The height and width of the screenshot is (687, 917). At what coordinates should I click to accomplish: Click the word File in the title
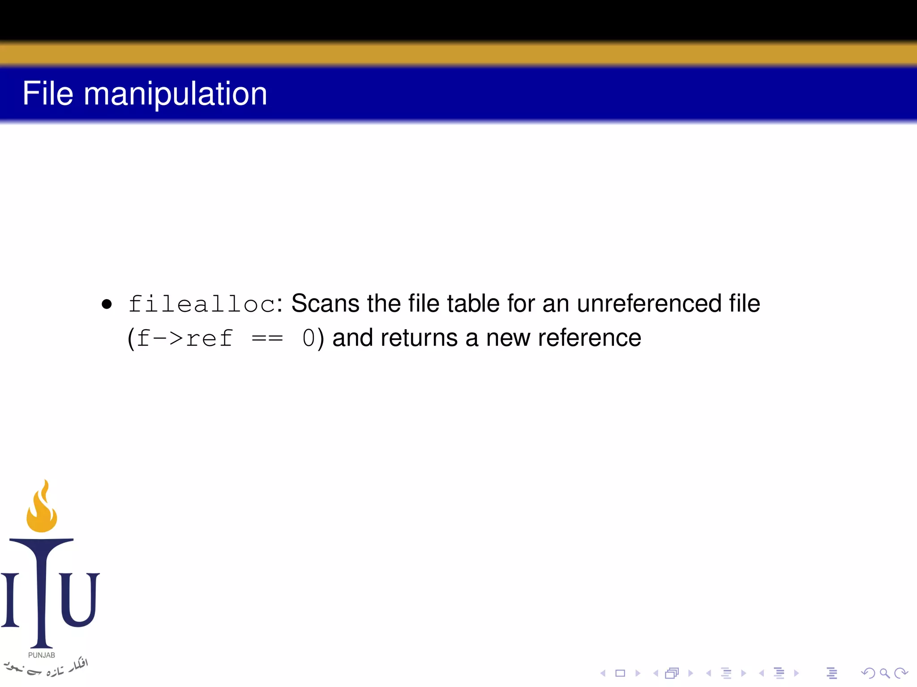(47, 93)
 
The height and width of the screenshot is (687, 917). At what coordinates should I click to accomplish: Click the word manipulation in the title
(176, 95)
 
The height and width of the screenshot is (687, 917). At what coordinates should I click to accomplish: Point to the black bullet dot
(107, 305)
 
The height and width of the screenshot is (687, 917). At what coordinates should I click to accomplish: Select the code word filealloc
(201, 304)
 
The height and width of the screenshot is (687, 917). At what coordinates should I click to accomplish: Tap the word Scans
(325, 304)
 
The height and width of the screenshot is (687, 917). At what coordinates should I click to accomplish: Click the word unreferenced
(649, 304)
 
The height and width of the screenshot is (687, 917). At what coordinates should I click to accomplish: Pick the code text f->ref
(184, 338)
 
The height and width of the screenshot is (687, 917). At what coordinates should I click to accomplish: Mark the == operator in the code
(267, 339)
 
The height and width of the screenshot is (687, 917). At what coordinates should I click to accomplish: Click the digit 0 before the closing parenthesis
(309, 338)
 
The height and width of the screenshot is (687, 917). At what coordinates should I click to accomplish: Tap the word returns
(419, 338)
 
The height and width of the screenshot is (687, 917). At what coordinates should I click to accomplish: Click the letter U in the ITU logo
(79, 599)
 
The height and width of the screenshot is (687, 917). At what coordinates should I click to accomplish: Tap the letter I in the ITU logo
(10, 599)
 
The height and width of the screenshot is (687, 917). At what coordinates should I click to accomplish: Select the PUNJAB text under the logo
(42, 655)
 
